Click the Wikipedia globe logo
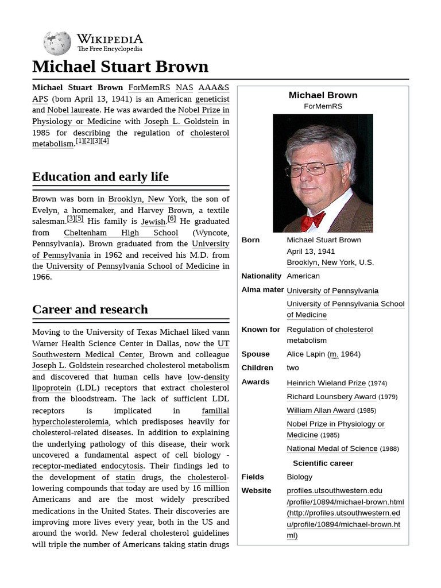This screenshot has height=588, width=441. pyautogui.click(x=57, y=43)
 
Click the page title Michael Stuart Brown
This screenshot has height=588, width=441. pyautogui.click(x=120, y=67)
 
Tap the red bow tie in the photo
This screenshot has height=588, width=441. pyautogui.click(x=313, y=220)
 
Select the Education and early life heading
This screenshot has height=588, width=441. pyautogui.click(x=100, y=176)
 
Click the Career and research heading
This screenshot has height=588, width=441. pyautogui.click(x=90, y=310)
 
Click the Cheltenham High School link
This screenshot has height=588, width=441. pyautogui.click(x=121, y=233)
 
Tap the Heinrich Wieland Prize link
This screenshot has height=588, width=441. pyautogui.click(x=326, y=383)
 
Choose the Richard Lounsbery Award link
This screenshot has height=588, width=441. pyautogui.click(x=331, y=397)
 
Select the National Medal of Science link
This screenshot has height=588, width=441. pyautogui.click(x=332, y=448)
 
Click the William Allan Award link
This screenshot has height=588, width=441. pyautogui.click(x=321, y=411)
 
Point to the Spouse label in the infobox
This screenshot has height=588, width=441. pyautogui.click(x=256, y=354)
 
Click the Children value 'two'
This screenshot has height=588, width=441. pyautogui.click(x=293, y=368)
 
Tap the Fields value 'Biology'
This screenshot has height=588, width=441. pyautogui.click(x=300, y=477)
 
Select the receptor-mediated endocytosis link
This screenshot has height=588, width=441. pyautogui.click(x=88, y=466)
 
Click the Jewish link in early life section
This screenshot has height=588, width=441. pyautogui.click(x=153, y=222)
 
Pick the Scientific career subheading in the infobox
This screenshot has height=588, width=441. pyautogui.click(x=323, y=463)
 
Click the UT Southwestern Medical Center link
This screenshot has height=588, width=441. pyautogui.click(x=130, y=349)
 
